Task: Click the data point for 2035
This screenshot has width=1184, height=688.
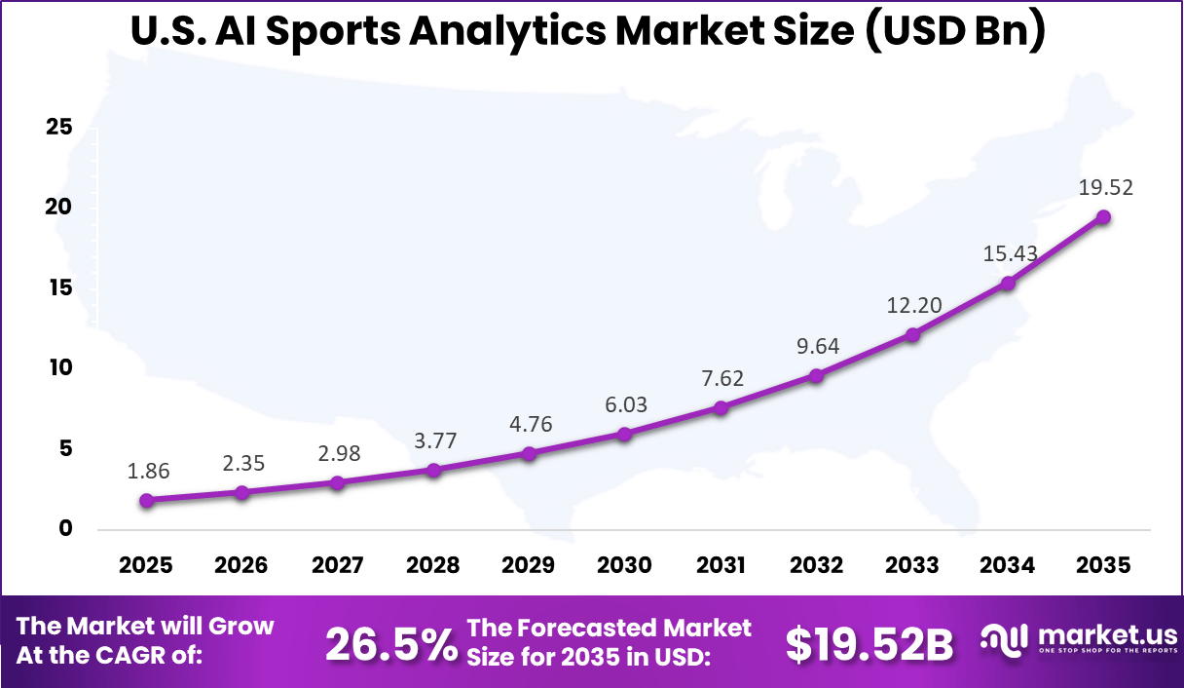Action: (x=1103, y=217)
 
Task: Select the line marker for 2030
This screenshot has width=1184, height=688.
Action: (x=625, y=434)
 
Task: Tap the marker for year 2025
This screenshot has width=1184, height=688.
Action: (x=146, y=500)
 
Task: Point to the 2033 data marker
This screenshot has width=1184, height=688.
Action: (x=912, y=335)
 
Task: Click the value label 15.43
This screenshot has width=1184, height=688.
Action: (x=1008, y=253)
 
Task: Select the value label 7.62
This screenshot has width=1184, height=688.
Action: (x=721, y=378)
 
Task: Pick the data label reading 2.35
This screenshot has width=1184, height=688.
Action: (x=243, y=464)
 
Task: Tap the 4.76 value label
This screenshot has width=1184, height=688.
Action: (x=530, y=424)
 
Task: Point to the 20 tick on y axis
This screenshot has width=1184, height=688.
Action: (x=59, y=207)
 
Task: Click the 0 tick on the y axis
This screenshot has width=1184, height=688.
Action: (x=65, y=528)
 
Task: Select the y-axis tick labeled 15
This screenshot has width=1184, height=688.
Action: (x=59, y=287)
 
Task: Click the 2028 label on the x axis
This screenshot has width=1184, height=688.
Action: (x=433, y=566)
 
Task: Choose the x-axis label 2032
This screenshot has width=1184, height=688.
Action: (x=816, y=566)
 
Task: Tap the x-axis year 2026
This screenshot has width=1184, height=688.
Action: (x=241, y=566)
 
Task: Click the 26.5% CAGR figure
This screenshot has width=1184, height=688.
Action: (x=390, y=644)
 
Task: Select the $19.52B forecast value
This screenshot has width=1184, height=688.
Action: (x=869, y=644)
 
